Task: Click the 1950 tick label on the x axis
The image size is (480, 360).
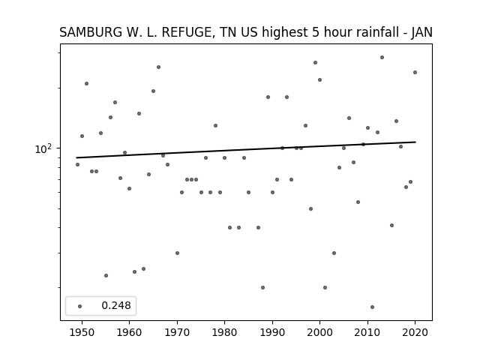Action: (x=82, y=332)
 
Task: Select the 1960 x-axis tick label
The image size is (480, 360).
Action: (x=129, y=332)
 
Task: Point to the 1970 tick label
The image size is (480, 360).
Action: (x=177, y=332)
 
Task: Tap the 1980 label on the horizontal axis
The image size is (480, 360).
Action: (x=224, y=332)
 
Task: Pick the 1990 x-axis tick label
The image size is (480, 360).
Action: (x=272, y=332)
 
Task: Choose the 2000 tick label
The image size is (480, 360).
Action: (x=319, y=332)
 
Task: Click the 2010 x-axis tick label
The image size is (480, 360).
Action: (x=367, y=332)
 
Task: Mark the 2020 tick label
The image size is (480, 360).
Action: (x=415, y=332)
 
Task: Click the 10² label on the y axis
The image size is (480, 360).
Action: (x=43, y=148)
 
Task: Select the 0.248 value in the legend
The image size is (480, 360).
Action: (x=116, y=305)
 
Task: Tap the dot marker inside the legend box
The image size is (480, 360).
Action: (x=80, y=306)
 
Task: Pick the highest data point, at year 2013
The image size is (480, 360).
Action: (x=382, y=58)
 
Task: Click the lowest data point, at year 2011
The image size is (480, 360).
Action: (x=372, y=307)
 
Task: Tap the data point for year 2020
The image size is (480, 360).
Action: (x=415, y=73)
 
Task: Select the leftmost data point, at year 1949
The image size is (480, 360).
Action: (x=77, y=165)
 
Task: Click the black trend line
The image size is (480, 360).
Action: (x=246, y=150)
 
